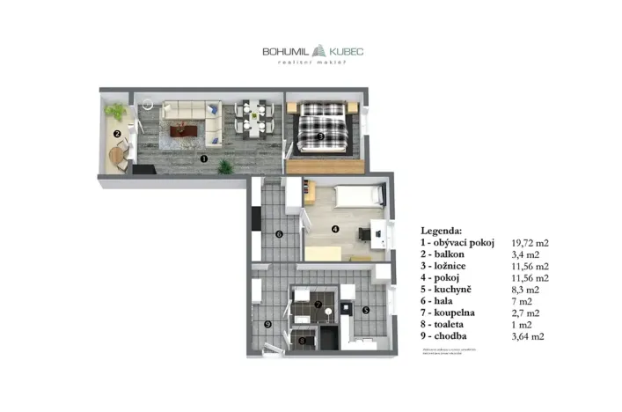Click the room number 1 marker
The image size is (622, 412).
tap(203, 159)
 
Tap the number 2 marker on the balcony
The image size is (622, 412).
tap(116, 134)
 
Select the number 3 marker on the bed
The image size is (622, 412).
tap(322, 136)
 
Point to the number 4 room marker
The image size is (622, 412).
tap(334, 229)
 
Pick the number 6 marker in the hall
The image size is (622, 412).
tap(278, 234)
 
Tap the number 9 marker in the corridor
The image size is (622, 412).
tap(268, 323)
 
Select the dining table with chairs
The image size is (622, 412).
tap(253, 120)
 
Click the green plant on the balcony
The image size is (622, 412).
tap(115, 111)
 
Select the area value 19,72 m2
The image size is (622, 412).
tap(530, 241)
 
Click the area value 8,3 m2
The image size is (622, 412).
tap(524, 289)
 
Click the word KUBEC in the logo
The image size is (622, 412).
tap(340, 51)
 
